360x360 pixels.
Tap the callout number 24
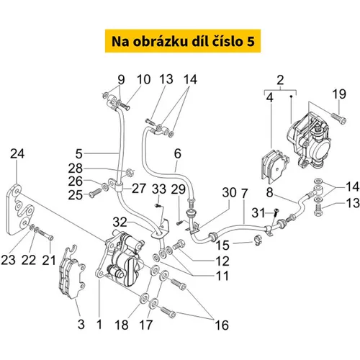17,153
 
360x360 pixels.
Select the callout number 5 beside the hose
79,154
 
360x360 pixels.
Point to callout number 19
339,94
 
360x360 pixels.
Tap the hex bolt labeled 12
179,245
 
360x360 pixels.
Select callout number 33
159,189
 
